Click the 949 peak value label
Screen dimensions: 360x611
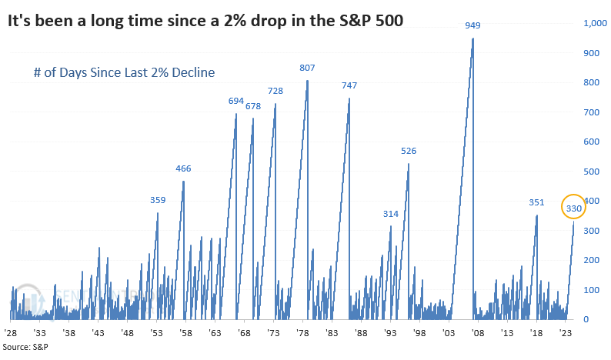pyautogui.click(x=472, y=26)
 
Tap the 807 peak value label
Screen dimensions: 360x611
pyautogui.click(x=307, y=68)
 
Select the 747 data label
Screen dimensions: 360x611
pyautogui.click(x=349, y=85)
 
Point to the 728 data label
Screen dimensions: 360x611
pyautogui.click(x=275, y=91)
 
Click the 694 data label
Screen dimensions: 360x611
pyautogui.click(x=236, y=101)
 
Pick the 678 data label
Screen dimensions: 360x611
pyautogui.click(x=253, y=106)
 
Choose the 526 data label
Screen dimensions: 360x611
pyautogui.click(x=409, y=151)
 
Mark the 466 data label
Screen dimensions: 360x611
pyautogui.click(x=183, y=168)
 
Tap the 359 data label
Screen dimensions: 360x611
pyautogui.click(x=158, y=200)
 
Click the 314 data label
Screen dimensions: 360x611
pyautogui.click(x=390, y=214)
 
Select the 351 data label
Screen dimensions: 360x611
pyautogui.click(x=536, y=203)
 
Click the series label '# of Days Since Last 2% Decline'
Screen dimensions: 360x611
pyautogui.click(x=124, y=72)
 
